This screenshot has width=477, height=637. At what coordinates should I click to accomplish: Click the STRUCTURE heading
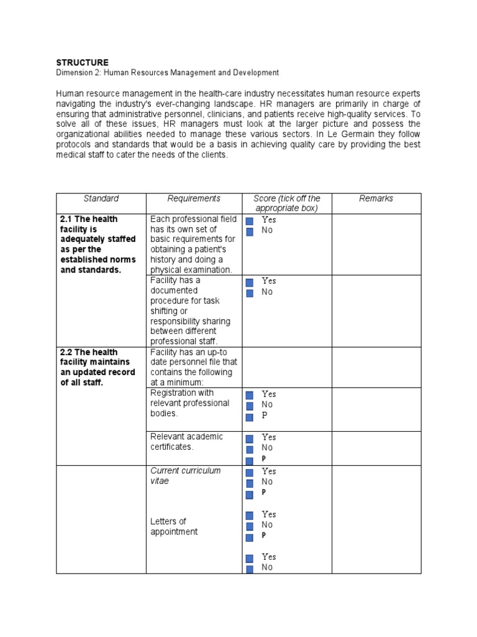82,62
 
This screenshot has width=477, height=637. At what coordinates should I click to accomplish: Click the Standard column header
101,198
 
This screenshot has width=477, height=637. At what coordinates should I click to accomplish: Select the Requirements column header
194,198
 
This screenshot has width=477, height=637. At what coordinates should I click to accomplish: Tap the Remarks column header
376,198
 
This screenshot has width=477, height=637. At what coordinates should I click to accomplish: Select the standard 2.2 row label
91,368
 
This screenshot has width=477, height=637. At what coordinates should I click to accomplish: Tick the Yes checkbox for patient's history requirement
250,221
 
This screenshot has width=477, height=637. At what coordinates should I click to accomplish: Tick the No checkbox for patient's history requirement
250,231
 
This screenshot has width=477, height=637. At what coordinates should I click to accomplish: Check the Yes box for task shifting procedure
250,282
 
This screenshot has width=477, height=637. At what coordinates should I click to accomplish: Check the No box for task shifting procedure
250,292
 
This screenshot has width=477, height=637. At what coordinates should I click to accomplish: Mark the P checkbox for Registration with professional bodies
250,416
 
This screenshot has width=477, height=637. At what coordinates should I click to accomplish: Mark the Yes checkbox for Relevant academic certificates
250,438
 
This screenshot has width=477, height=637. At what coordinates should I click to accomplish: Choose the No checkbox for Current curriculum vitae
250,483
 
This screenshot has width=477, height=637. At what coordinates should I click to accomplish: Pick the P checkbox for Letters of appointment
250,536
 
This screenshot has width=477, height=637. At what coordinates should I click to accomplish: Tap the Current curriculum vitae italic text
185,476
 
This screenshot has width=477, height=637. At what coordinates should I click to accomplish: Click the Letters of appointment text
174,526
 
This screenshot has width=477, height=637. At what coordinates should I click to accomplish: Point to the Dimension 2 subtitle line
168,73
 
